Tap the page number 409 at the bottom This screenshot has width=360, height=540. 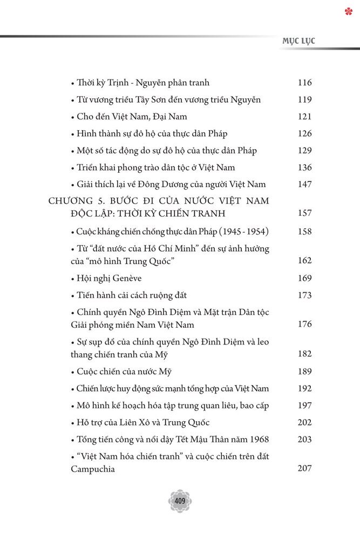[x=180, y=502]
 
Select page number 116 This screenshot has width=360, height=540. [x=304, y=83]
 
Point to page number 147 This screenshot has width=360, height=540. [x=304, y=185]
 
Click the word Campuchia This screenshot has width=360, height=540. [x=93, y=469]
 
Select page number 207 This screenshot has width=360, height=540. [x=304, y=469]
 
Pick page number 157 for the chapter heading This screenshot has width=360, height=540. [x=304, y=213]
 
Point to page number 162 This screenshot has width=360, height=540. [x=304, y=260]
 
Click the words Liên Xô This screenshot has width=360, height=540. [x=132, y=422]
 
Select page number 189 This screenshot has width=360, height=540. [x=304, y=372]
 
